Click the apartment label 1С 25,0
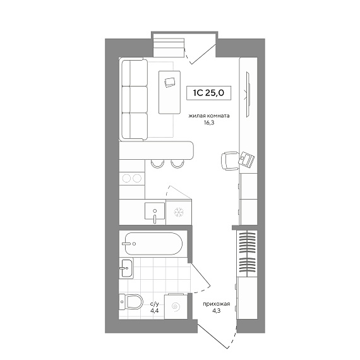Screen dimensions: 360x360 tap(208, 93)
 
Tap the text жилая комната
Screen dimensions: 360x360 tap(209, 116)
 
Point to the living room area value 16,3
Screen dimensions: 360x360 tap(208, 123)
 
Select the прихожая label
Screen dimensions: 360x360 tap(216, 304)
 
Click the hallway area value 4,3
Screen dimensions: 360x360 tap(217, 311)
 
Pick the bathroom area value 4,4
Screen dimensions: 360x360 tap(155, 311)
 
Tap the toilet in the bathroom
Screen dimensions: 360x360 tap(131, 302)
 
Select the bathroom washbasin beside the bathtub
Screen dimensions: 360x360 tap(126, 268)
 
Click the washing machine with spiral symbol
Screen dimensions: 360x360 tap(176, 306)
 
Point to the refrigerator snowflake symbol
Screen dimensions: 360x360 tap(179, 212)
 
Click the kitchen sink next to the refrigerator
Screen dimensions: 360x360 tap(155, 211)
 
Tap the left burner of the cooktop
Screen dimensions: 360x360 tap(126, 178)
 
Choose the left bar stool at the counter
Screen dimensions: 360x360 tap(157, 164)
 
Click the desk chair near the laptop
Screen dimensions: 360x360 tap(230, 160)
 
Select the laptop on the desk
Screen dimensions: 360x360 tap(246, 159)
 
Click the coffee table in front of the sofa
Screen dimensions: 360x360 tap(169, 92)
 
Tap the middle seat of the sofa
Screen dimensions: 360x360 tap(135, 99)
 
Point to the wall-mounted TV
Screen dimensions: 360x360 tap(248, 94)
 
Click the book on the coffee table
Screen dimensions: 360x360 tap(170, 82)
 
